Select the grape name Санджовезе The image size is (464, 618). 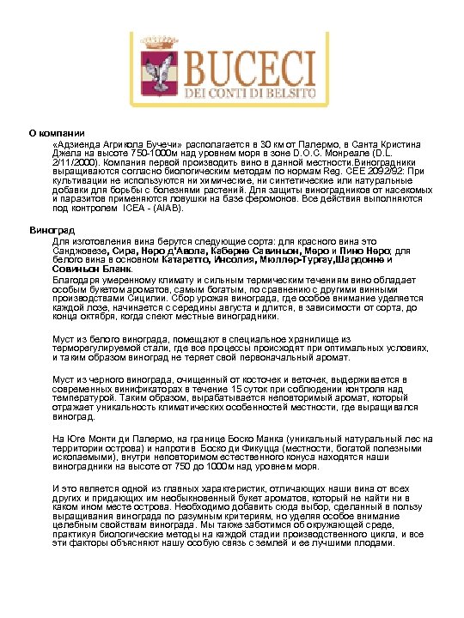tap(81, 251)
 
